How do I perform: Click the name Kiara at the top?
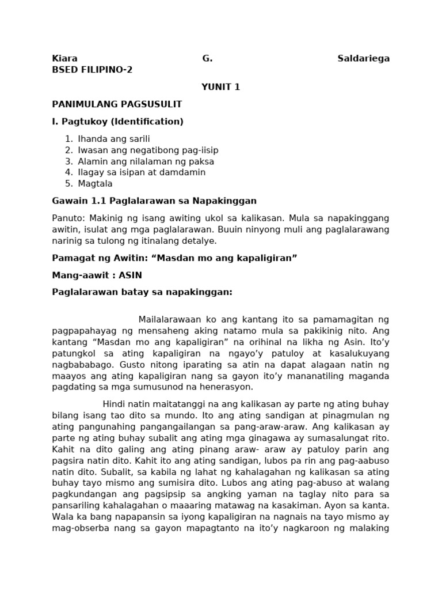[x=64, y=58]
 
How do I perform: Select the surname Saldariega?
[x=363, y=58]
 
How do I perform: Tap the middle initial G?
[x=207, y=58]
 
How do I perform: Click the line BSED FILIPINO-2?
[x=92, y=70]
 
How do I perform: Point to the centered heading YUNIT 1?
[x=220, y=87]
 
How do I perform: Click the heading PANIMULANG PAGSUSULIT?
[x=117, y=104]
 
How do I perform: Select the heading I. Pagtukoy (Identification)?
[x=117, y=122]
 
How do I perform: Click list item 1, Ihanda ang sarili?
[x=113, y=139]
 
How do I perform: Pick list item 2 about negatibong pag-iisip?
[x=148, y=150]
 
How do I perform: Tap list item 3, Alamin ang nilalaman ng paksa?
[x=146, y=161]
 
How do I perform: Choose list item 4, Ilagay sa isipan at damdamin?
[x=142, y=172]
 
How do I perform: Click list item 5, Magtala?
[x=95, y=184]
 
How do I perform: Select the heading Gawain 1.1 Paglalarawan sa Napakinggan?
[x=154, y=201]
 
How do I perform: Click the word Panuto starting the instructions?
[x=67, y=218]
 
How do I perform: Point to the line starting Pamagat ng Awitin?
[x=174, y=258]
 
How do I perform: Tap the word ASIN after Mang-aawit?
[x=130, y=275]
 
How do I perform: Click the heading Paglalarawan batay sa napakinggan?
[x=142, y=292]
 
